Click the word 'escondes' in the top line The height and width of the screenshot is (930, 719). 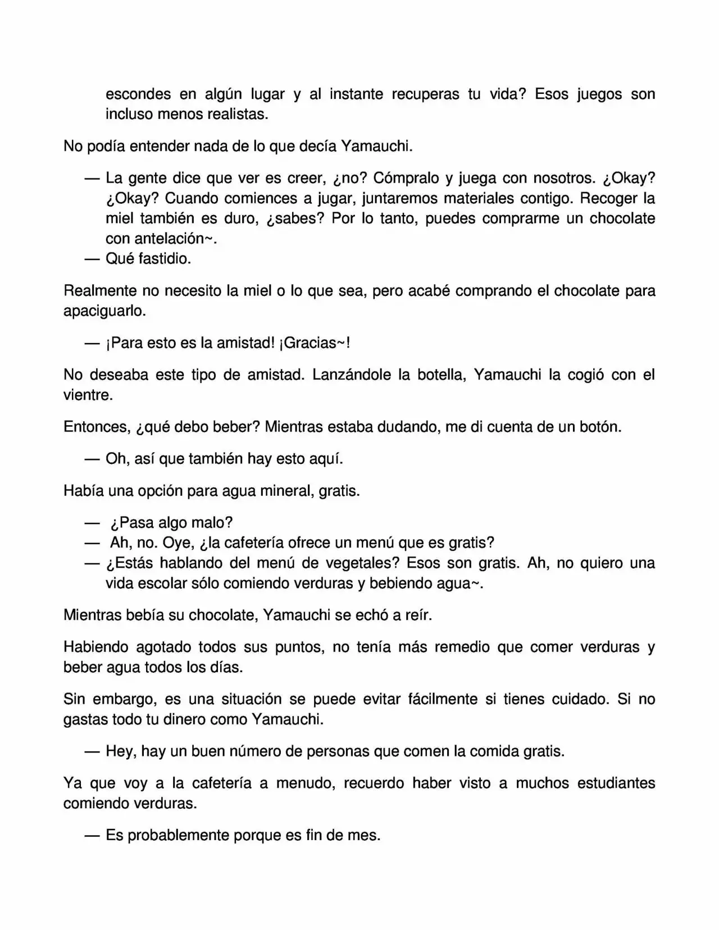click(138, 94)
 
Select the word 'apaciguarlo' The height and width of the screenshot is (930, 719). click(104, 311)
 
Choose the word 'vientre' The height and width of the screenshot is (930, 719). click(87, 395)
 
